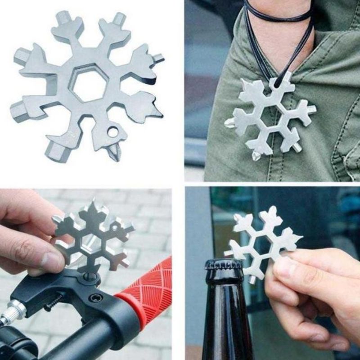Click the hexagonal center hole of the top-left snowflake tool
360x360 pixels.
coord(89,85)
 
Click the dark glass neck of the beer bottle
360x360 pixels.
coord(225,315)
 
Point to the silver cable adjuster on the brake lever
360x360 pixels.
coord(13,310)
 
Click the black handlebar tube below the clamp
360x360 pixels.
coord(90,342)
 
